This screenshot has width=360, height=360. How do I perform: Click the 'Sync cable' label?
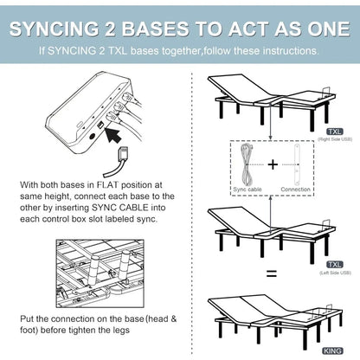pyautogui.click(x=247, y=189)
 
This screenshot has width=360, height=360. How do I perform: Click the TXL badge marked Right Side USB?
pyautogui.click(x=333, y=132)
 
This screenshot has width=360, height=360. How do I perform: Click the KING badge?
pyautogui.click(x=332, y=350)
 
